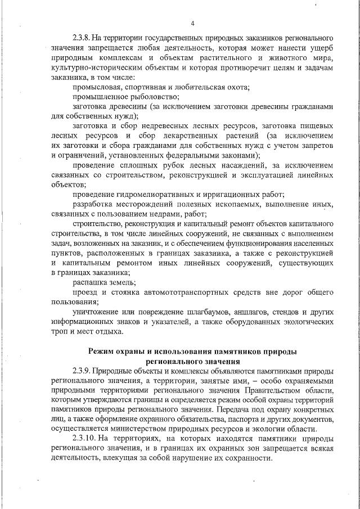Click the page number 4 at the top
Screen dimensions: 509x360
[192, 23]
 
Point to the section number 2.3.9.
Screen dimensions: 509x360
[82, 371]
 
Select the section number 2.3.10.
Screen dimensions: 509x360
[84, 438]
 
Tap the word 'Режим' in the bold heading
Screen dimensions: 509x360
[102, 351]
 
